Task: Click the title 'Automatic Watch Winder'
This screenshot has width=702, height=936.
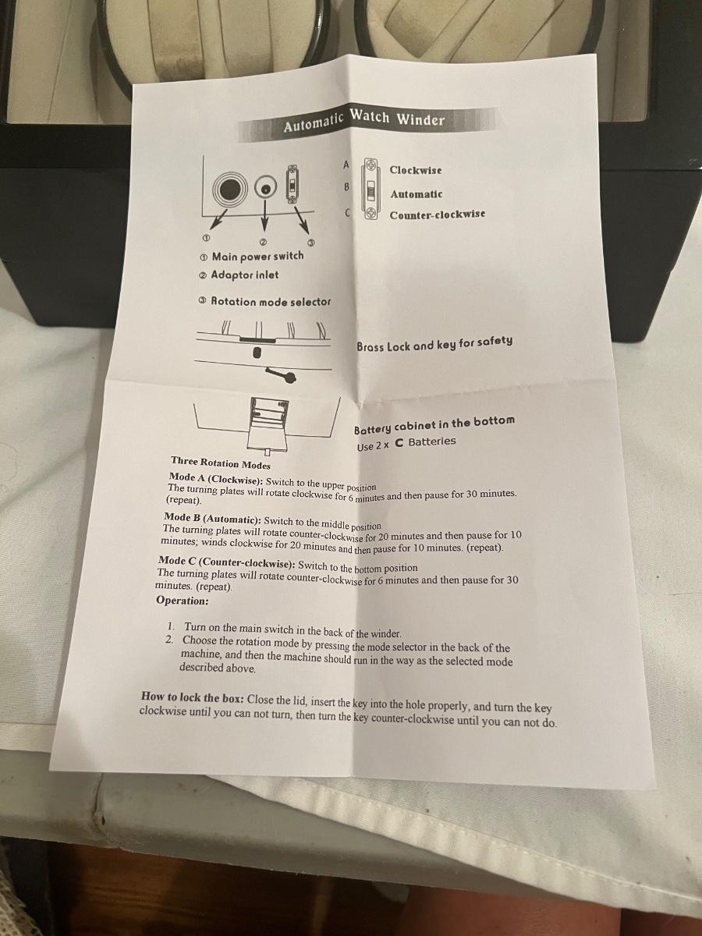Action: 364,121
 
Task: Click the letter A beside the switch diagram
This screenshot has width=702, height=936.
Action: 346,164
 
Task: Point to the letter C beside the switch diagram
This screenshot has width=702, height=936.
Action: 347,213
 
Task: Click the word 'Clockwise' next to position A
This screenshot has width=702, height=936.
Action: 416,170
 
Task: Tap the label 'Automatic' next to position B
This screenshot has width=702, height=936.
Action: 417,194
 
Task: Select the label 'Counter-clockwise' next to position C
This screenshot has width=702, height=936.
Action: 438,214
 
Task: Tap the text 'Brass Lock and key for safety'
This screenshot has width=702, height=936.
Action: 434,343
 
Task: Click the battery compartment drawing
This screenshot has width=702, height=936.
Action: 268,424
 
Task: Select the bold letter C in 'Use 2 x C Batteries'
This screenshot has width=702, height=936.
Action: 399,443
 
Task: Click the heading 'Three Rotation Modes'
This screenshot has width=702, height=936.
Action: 221,463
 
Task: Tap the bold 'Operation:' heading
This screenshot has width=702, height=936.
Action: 183,601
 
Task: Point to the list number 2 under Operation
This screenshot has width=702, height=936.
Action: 169,640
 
